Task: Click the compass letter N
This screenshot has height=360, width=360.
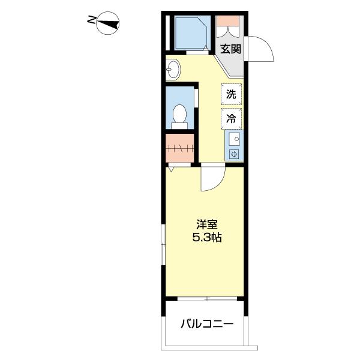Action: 92,20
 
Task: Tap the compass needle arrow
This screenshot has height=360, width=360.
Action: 108,23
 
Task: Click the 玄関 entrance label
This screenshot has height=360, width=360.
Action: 231,49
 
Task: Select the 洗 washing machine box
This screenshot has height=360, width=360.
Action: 231,94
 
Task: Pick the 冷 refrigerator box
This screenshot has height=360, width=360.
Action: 231,119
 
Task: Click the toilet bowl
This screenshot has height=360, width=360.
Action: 179,114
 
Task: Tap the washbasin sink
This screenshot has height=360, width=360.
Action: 173,70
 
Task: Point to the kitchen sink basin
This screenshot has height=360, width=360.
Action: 235,139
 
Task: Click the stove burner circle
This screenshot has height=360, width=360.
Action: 235,154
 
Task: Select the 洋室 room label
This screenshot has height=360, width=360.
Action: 206,224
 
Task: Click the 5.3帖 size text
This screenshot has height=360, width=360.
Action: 207,238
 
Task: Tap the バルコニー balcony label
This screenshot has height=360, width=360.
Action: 207,324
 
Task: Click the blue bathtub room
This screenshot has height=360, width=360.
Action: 193,32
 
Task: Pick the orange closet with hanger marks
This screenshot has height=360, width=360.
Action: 180,148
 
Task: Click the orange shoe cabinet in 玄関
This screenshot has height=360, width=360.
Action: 228,20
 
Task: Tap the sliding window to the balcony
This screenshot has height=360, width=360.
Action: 207,299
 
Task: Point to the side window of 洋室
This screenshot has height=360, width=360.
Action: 163,245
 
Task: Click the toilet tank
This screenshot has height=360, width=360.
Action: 179,125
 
